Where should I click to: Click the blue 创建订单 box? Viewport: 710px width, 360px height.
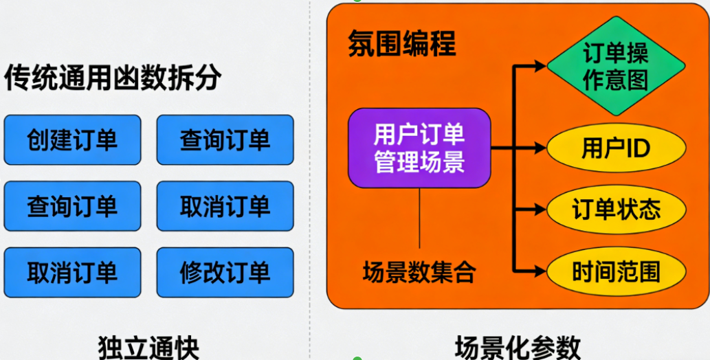pyautogui.click(x=72, y=140)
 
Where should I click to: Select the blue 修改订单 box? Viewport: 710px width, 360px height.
pyautogui.click(x=225, y=273)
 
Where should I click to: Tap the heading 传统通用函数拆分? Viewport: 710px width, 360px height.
pyautogui.click(x=113, y=78)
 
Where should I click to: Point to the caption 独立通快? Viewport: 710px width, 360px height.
pyautogui.click(x=148, y=346)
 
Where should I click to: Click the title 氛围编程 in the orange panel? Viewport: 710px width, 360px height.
pyautogui.click(x=401, y=45)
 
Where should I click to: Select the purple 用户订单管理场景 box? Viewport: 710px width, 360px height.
pyautogui.click(x=419, y=148)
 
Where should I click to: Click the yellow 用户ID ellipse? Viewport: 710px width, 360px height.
pyautogui.click(x=616, y=148)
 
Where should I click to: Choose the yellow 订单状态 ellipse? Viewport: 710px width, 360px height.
pyautogui.click(x=616, y=209)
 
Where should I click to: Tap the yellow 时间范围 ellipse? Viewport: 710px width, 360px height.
pyautogui.click(x=616, y=272)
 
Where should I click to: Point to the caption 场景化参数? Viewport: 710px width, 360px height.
pyautogui.click(x=518, y=346)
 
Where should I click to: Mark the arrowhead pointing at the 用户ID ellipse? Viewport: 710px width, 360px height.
pyautogui.click(x=540, y=148)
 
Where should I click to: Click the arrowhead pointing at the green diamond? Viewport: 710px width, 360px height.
pyautogui.click(x=540, y=67)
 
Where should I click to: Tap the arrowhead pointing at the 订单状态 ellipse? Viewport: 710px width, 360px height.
pyautogui.click(x=540, y=209)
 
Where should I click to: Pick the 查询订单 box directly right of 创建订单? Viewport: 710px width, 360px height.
pyautogui.click(x=225, y=140)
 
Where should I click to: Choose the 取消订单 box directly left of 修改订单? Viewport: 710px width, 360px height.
pyautogui.click(x=72, y=273)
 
